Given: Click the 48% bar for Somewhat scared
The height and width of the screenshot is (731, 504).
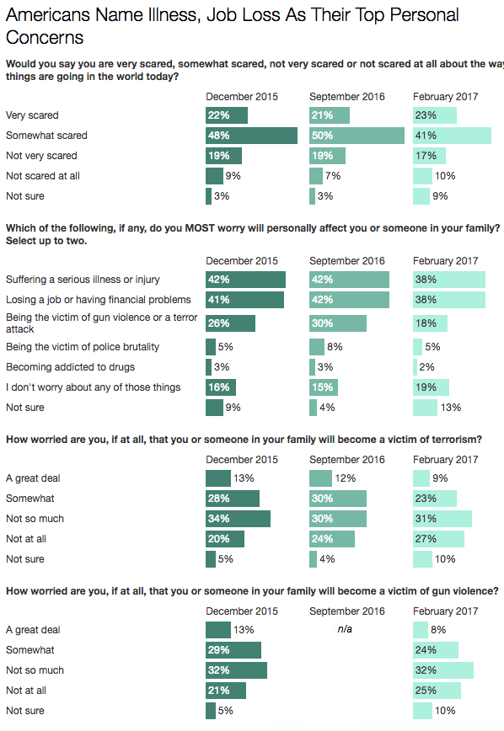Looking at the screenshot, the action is [x=251, y=136].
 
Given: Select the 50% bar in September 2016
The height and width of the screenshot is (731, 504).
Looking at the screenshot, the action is [x=357, y=136].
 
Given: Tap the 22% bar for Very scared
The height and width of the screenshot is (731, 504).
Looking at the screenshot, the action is [x=227, y=115].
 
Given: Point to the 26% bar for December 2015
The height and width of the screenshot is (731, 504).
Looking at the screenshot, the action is [x=231, y=323].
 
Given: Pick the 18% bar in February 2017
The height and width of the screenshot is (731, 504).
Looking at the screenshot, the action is [x=431, y=323].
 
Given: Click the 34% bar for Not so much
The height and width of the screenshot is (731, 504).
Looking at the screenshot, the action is [x=238, y=519].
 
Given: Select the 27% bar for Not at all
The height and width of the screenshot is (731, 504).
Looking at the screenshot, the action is [x=438, y=539].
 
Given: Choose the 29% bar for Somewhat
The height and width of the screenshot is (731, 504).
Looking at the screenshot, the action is [x=233, y=650].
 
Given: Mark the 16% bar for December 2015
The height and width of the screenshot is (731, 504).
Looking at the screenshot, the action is [x=221, y=387].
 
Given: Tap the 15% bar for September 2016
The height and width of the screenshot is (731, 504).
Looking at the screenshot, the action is [x=324, y=387].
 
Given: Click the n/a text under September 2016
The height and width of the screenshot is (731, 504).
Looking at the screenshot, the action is [x=345, y=629].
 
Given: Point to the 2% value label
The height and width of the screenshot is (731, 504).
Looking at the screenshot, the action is [x=426, y=367].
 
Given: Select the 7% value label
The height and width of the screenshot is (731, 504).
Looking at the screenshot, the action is [x=333, y=176].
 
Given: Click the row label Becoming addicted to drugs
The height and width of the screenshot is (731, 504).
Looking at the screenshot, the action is [x=71, y=367].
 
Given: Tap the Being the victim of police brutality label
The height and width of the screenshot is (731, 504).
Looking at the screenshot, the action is [x=83, y=347].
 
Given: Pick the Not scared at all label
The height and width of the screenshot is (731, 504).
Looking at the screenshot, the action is [x=43, y=176].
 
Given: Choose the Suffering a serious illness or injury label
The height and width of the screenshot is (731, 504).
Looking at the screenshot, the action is [x=83, y=280].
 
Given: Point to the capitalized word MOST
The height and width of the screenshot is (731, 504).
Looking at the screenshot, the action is [x=200, y=228].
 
